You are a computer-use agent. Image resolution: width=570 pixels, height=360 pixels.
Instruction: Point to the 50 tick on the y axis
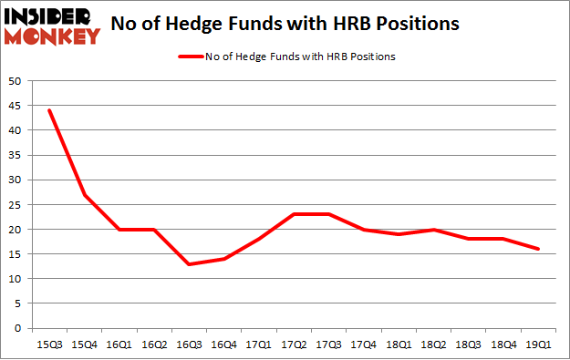coord(16,81)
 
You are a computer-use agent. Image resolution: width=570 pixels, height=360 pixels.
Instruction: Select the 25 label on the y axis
coord(16,205)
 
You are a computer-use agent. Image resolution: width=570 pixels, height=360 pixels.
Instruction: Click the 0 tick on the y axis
coord(18,328)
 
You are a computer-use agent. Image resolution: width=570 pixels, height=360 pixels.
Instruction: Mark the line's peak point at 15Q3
coord(49,110)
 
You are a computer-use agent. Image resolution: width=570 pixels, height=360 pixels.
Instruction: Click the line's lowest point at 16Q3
coord(189,263)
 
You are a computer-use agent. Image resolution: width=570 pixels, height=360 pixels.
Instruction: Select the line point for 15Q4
coord(84,195)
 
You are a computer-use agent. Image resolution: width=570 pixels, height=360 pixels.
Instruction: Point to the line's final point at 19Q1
coord(538,249)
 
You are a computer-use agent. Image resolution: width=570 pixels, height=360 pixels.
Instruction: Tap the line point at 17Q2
coord(294,214)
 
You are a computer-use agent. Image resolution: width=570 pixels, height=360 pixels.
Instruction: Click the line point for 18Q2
coord(433,229)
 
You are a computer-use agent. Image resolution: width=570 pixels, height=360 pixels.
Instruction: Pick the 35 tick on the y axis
coord(16,155)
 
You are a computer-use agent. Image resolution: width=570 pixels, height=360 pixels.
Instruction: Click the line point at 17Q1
coord(259,239)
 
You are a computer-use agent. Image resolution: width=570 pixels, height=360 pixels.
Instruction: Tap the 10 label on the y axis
coord(16,279)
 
